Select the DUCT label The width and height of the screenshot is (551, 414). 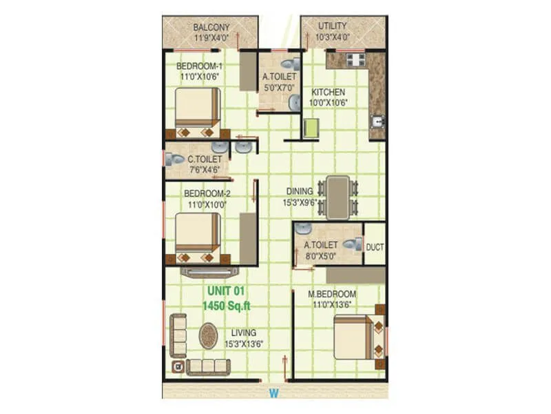[375, 246]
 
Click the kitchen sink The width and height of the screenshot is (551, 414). [377, 122]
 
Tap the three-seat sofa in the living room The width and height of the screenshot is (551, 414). [209, 366]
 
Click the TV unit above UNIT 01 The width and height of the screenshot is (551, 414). [209, 271]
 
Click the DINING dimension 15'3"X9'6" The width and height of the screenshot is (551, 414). [303, 202]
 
